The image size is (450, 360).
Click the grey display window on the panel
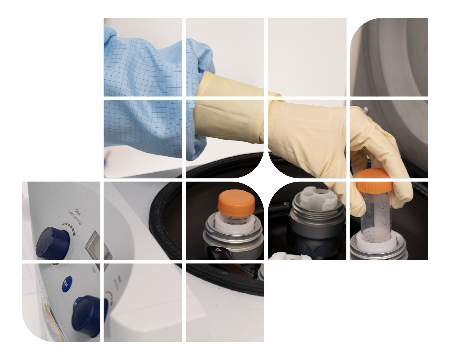point(97,246)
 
